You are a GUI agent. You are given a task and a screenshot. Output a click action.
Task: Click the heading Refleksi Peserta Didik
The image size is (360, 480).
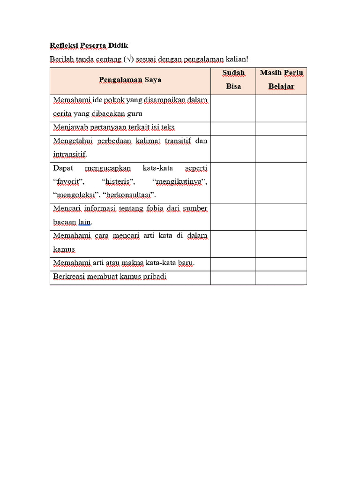tap(89, 45)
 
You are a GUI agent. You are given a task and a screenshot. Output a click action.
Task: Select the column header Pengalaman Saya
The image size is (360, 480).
tap(130, 80)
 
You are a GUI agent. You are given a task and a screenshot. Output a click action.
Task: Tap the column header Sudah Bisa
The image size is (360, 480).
tap(233, 80)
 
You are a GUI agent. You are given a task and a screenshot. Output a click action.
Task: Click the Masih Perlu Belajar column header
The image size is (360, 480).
tap(281, 80)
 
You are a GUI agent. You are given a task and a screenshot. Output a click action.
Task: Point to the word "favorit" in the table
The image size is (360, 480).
tap(68, 181)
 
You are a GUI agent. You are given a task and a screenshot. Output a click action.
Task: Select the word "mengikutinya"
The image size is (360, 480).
tap(180, 181)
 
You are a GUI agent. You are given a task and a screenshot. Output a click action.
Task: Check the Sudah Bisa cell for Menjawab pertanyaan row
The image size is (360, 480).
tap(233, 127)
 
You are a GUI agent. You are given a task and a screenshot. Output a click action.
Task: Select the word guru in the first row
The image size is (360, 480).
tap(134, 113)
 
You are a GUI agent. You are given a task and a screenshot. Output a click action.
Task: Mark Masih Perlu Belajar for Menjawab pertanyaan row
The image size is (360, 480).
tap(281, 127)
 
